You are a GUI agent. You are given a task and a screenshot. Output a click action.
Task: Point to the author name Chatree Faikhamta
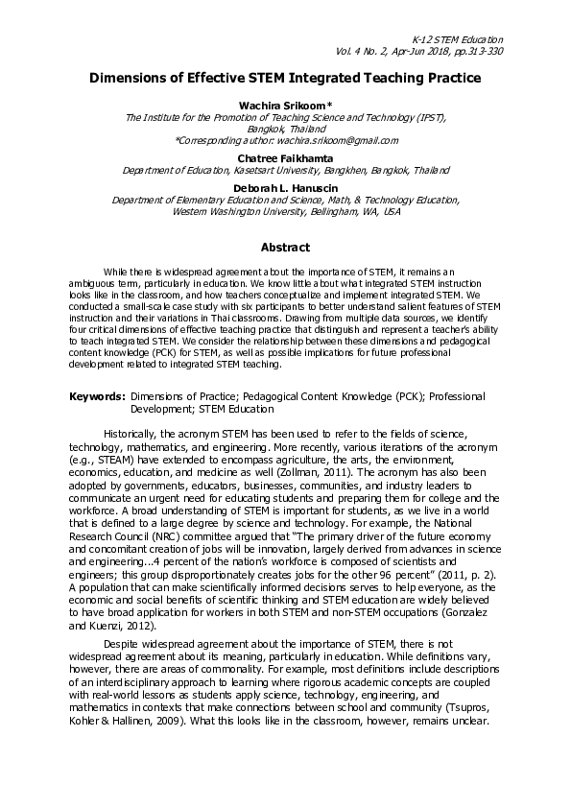click(285, 156)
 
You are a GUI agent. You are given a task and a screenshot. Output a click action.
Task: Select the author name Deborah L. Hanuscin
click(285, 188)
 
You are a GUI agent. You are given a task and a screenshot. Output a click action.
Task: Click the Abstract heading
click(285, 247)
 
